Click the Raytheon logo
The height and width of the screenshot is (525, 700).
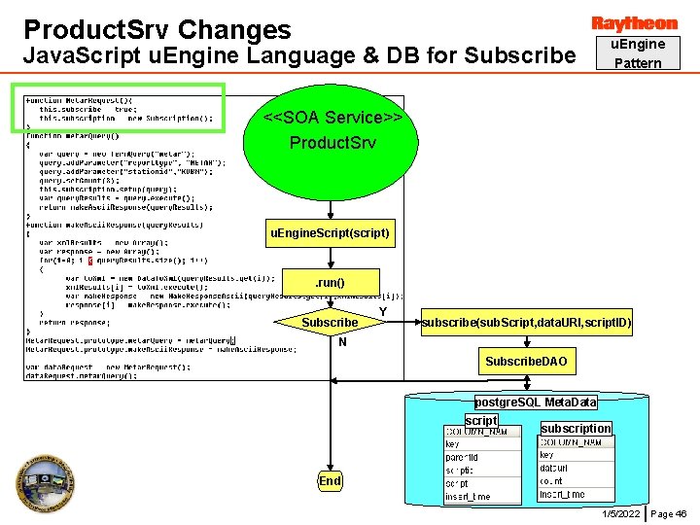tap(634, 22)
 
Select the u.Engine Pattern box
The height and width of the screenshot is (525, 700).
tap(637, 53)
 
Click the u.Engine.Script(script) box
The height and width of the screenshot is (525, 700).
tap(330, 233)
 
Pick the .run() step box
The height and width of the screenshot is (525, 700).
tap(330, 283)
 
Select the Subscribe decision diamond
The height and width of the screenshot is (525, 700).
tap(330, 322)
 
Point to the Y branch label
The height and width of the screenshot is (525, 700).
tap(383, 311)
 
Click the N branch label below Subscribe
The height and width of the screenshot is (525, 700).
tap(342, 342)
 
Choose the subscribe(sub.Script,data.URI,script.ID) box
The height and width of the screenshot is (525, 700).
tap(526, 322)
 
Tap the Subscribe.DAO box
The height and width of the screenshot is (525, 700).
tap(526, 362)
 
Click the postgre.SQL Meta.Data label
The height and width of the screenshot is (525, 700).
tap(536, 402)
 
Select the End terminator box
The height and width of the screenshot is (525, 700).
tap(330, 480)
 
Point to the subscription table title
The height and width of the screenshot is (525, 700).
tap(576, 429)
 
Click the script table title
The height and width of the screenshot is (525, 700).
tap(480, 420)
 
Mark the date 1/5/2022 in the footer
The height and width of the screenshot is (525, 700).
tap(620, 513)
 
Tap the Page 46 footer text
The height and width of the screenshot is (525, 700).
tap(669, 513)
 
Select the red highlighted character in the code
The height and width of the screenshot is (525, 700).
tap(90, 260)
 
